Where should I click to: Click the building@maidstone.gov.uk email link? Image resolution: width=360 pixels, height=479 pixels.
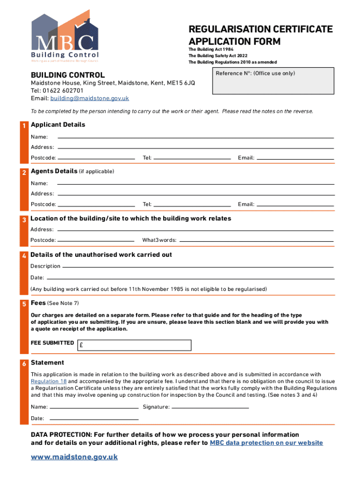(x=89, y=99)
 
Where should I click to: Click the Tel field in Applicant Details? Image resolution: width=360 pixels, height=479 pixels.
(x=192, y=158)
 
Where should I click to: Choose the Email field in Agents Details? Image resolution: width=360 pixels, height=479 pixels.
(x=295, y=204)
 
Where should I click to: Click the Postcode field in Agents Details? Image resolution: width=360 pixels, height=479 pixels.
(x=96, y=204)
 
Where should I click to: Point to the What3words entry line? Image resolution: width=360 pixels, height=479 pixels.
(x=256, y=240)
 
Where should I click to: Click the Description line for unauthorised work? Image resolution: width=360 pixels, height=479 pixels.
(x=198, y=266)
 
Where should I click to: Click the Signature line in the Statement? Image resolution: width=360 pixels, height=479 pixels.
(x=210, y=406)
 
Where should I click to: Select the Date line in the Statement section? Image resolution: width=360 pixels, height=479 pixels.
(x=94, y=418)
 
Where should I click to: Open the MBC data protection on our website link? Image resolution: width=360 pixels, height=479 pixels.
(x=266, y=443)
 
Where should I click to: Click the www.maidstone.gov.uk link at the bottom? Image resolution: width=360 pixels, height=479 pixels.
(x=74, y=457)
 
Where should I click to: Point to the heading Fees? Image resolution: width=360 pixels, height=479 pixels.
(x=38, y=303)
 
